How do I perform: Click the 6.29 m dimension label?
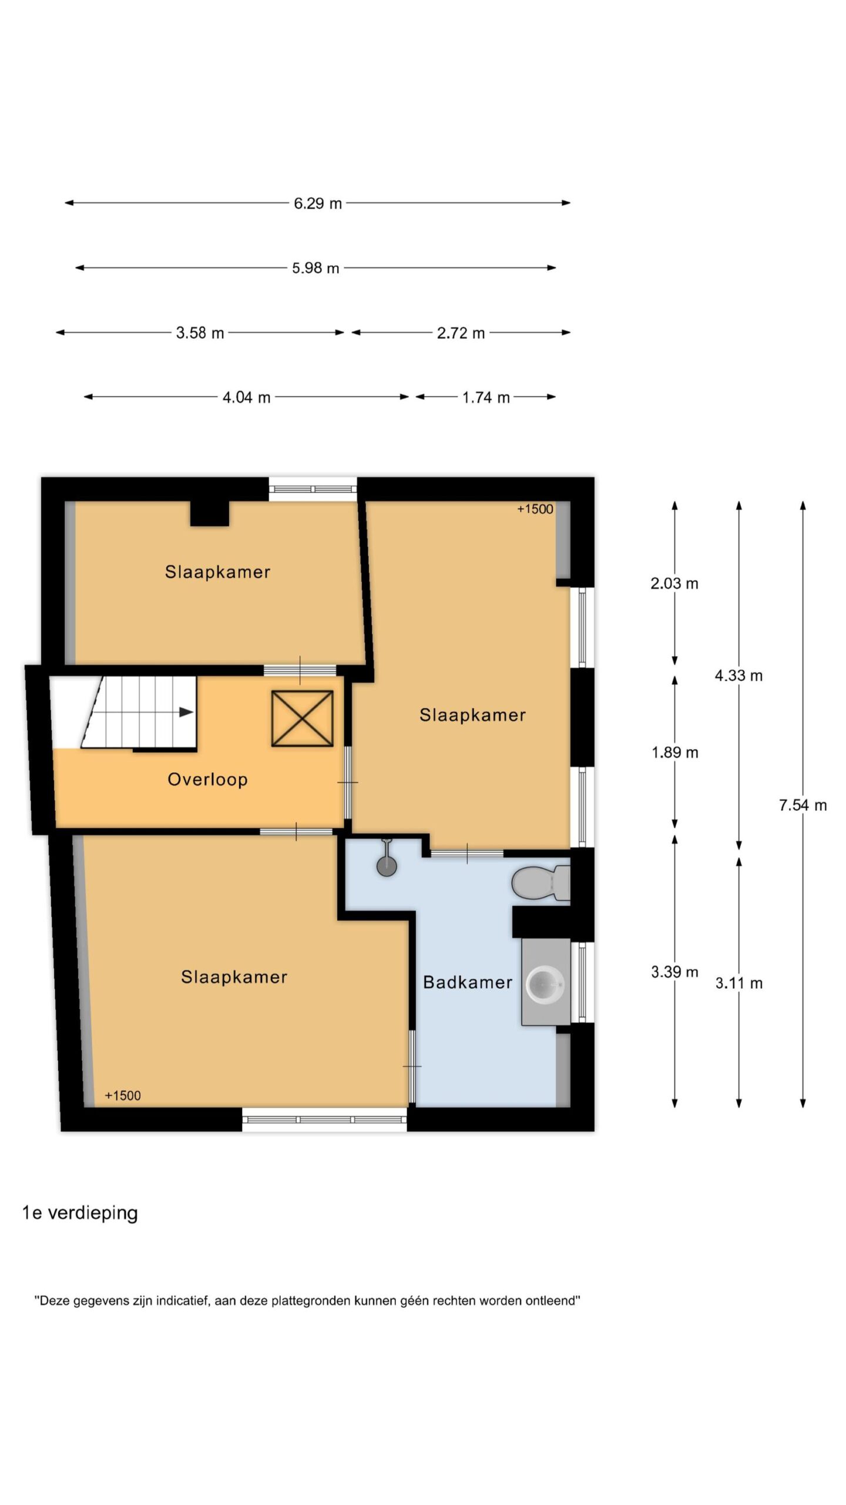[x=318, y=203]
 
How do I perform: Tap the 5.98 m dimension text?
[x=315, y=268]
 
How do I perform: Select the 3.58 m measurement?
[x=200, y=333]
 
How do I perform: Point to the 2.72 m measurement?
[x=461, y=333]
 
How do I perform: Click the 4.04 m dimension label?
[x=246, y=397]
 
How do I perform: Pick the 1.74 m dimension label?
[x=486, y=397]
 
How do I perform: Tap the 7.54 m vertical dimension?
[x=803, y=805]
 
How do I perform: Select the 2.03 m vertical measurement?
[x=674, y=583]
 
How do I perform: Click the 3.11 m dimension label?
[x=738, y=982]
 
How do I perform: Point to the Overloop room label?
[x=207, y=780]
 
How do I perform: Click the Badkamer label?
[x=468, y=982]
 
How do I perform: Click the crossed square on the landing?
[x=302, y=718]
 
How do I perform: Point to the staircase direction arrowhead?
[x=186, y=712]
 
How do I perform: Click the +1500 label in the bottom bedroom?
[x=123, y=1095]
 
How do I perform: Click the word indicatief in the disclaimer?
[x=182, y=1301]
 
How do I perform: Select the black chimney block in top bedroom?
[x=210, y=513]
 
